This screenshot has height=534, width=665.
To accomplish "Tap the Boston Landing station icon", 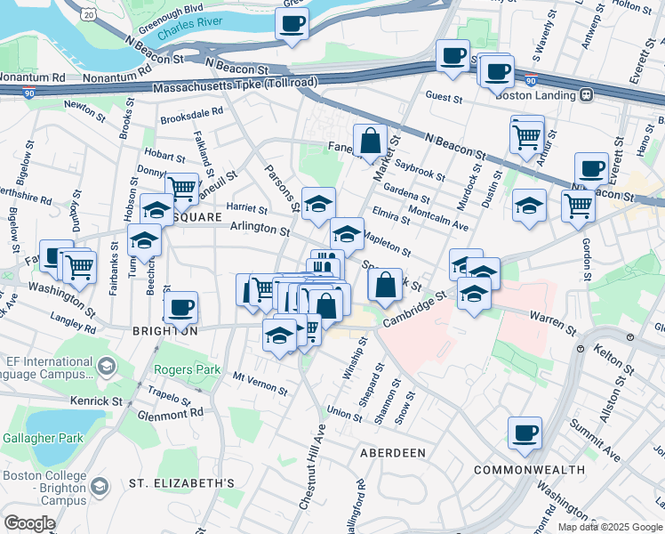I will (587, 95).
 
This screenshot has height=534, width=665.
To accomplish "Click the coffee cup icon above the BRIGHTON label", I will (181, 308).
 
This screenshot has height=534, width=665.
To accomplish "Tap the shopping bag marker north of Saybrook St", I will (370, 141).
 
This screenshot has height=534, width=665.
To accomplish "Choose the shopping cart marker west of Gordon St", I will (578, 206).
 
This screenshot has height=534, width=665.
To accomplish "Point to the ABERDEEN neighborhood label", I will (392, 453).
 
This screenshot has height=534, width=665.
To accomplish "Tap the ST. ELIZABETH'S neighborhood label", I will (181, 483).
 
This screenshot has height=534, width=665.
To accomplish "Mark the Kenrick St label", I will (97, 402).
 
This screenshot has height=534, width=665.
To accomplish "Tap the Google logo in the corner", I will (29, 523).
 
